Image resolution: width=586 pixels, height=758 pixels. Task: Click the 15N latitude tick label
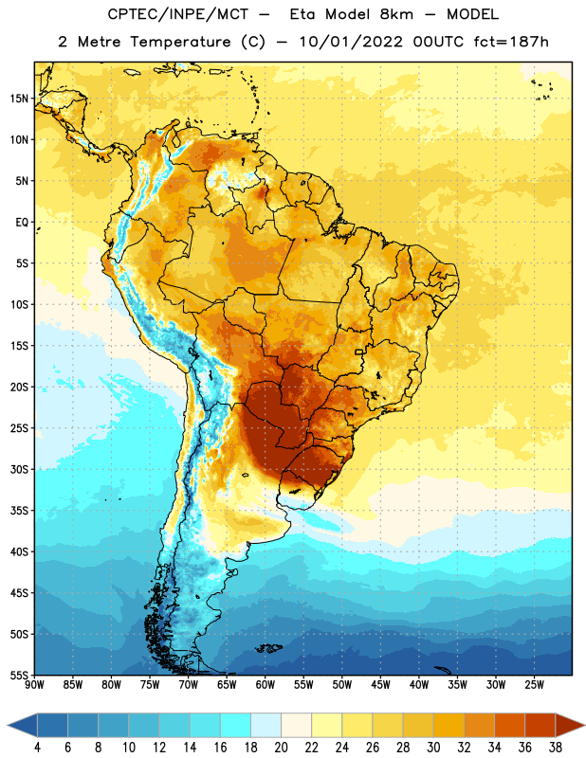pos(19,99)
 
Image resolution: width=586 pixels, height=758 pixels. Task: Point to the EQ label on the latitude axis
pos(22,223)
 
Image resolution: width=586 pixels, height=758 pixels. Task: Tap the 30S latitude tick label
pos(19,469)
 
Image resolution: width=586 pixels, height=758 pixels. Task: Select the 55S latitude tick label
pos(19,675)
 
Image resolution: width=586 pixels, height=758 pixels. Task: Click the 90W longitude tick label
pos(34,685)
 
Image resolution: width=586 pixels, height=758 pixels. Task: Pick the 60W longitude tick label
pos(265,685)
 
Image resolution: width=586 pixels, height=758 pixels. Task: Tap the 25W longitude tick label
pos(534,685)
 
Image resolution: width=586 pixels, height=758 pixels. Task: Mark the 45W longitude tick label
pos(380,685)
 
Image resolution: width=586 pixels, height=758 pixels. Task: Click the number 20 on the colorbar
pos(281,748)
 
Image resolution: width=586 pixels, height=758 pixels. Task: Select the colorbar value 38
pos(555,748)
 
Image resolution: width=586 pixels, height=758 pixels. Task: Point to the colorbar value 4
pos(37,748)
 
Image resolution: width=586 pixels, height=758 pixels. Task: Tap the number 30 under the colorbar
pos(433,748)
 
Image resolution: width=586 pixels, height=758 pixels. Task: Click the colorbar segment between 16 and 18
pos(235,726)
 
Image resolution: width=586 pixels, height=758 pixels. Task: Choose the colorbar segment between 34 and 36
pos(509,726)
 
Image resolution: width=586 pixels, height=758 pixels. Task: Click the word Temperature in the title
pos(180,42)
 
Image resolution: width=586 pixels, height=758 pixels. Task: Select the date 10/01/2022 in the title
pos(351,42)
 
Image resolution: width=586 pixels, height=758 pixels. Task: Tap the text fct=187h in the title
pos(511,42)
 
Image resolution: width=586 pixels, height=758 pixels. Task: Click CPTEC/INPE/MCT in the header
pos(177,14)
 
